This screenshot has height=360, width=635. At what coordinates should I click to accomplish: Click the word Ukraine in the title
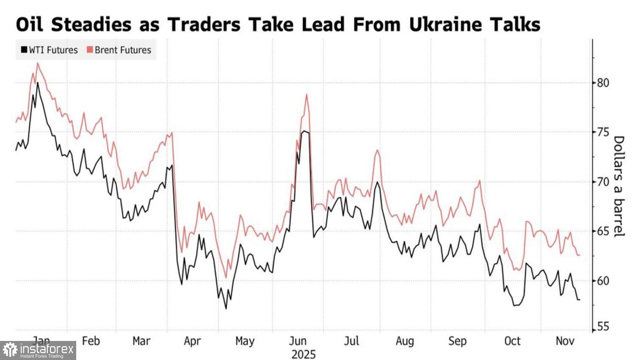tap(445, 25)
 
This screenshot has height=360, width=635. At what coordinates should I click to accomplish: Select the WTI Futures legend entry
tap(49, 50)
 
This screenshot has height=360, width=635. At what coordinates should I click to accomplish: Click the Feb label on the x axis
tap(91, 341)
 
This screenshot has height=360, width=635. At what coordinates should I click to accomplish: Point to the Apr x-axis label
tap(192, 341)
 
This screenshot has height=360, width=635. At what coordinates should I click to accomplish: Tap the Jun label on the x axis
tap(298, 341)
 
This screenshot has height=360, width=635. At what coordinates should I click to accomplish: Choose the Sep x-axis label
tap(457, 341)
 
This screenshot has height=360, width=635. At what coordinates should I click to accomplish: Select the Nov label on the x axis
tap(565, 341)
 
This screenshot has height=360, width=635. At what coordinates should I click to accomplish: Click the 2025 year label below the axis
tap(303, 354)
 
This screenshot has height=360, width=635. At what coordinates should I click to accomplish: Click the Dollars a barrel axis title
tap(619, 186)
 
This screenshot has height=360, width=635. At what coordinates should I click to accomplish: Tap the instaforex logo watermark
tap(38, 351)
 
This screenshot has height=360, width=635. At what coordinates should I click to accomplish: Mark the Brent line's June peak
tap(306, 94)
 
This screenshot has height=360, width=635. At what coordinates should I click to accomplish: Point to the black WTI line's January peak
tap(38, 83)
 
